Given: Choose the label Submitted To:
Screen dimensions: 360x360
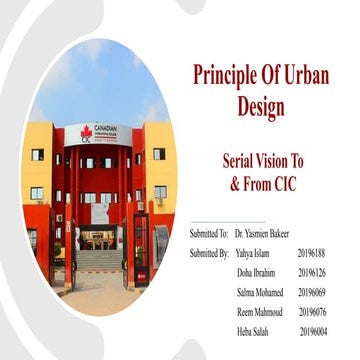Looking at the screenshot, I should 209,233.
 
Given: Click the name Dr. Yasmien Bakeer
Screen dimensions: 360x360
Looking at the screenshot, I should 262,233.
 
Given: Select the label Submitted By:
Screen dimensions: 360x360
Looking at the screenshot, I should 209,253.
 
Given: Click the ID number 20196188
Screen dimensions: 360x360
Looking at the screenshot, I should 313,253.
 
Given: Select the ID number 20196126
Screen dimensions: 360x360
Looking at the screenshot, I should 313,272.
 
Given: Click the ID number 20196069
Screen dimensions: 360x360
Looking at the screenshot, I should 313,292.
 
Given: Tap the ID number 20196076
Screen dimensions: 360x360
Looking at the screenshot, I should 313,312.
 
